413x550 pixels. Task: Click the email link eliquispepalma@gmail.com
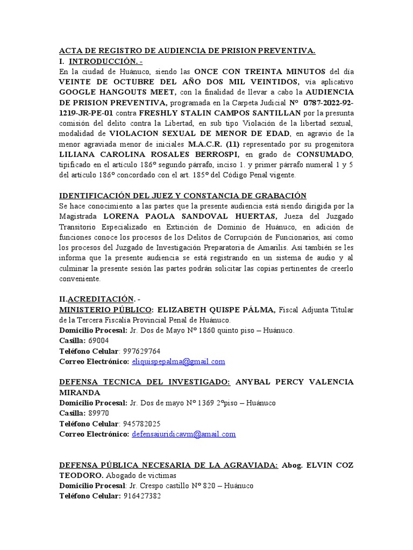178,361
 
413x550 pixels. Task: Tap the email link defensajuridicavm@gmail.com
183,434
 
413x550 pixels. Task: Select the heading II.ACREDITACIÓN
99,298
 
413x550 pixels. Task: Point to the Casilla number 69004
98,341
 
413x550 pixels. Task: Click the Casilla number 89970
98,413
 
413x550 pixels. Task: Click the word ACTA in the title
71,51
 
